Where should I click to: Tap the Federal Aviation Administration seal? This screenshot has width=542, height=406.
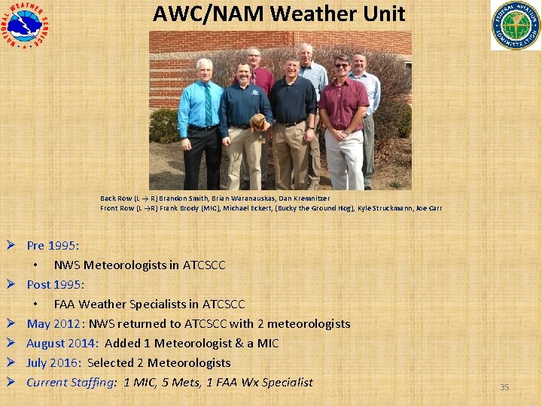click(516, 25)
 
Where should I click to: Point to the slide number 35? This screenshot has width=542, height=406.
click(504, 387)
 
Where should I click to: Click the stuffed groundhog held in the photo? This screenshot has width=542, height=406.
click(260, 123)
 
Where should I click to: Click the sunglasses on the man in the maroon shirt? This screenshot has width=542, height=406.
click(342, 66)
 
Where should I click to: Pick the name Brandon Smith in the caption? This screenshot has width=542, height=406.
click(181, 198)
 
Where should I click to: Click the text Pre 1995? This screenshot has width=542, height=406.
click(53, 245)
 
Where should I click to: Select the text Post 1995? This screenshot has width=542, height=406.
click(56, 284)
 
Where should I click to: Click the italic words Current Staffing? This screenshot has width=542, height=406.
click(70, 382)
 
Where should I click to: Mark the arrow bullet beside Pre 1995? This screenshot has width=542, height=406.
click(11, 245)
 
